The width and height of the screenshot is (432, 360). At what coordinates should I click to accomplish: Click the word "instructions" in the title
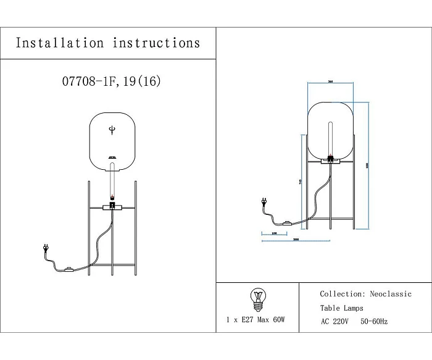pos(157,43)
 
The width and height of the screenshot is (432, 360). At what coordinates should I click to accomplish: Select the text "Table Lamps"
pos(341,308)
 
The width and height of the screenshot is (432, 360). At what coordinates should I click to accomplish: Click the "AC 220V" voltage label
pos(336,322)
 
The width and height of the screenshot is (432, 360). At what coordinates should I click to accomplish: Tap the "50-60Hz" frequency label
pos(375,322)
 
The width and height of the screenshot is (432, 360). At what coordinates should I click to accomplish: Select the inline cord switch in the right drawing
pos(286,224)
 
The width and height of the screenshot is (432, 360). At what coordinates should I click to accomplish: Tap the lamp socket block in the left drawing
pos(112,205)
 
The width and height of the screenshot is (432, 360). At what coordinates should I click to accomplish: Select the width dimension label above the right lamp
pos(331,81)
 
